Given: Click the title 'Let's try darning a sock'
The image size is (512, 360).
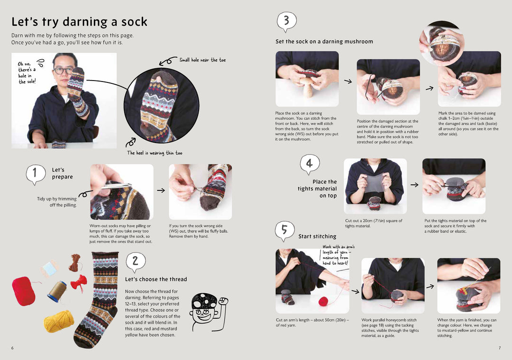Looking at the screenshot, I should tap(79, 22).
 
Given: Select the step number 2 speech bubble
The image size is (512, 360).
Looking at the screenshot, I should tap(136, 261).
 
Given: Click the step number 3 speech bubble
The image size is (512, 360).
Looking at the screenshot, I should tap(286, 21).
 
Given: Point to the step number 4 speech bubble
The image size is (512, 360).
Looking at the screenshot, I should tap(309, 164).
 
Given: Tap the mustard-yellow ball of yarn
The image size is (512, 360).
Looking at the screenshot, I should tap(59, 321).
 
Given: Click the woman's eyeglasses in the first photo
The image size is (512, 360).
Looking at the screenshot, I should tap(64, 71).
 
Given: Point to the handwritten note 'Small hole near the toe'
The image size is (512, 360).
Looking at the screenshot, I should tap(202, 60).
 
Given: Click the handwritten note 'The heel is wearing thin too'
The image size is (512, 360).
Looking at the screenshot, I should tap(155, 153).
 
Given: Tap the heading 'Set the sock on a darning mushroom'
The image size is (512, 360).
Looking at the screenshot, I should tap(324, 42).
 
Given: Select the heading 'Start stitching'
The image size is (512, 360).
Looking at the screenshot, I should tap(317, 236).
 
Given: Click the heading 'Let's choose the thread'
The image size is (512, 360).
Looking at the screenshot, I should tap(156, 279).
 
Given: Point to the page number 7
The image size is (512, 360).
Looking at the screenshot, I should tap(499, 348).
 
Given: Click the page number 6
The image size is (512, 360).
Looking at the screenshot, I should tap(12, 348).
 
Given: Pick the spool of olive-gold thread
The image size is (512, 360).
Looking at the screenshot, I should tap(57, 291).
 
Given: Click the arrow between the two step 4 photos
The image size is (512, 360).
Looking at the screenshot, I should tap(414, 185).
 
